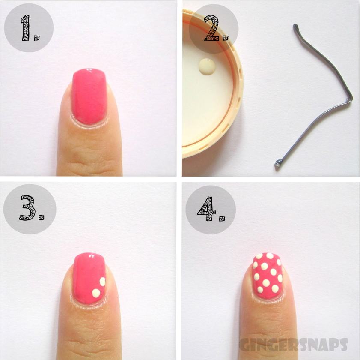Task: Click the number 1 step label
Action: (30, 28)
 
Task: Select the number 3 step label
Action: (32, 208)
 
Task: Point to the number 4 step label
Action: (211, 209)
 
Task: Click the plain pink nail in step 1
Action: (89, 96)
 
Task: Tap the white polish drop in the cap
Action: (207, 67)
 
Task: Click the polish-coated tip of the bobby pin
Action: (278, 162)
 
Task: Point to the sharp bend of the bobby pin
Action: (350, 99)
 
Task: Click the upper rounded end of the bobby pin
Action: (295, 27)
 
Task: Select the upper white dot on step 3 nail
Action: (102, 282)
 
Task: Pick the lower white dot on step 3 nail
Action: (96, 293)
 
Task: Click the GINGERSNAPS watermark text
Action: (293, 344)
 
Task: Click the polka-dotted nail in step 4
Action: (268, 276)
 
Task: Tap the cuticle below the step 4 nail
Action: (268, 300)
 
